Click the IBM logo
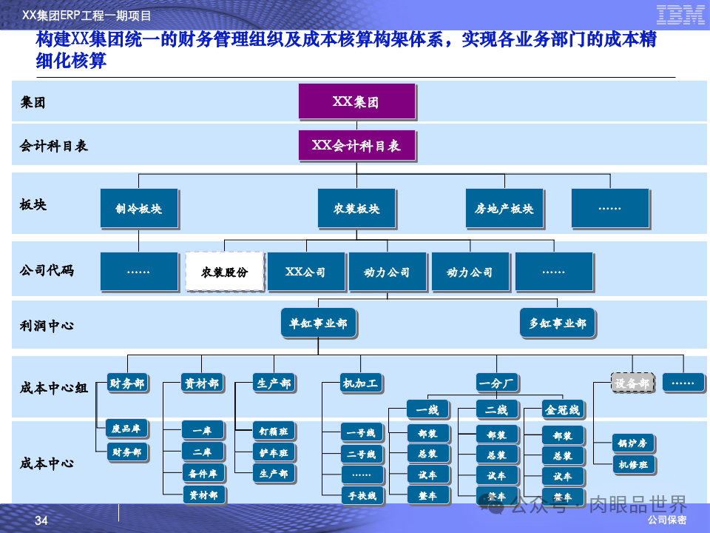680,14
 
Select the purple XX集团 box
356,101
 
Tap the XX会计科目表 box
356,146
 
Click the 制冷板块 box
138,208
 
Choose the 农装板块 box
356,208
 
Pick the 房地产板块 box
504,208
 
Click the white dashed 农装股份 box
224,272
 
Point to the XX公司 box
305,272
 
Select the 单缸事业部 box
318,324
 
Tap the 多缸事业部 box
557,323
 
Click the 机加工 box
360,383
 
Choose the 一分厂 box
497,383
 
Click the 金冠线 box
562,409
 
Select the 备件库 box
202,474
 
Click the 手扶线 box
362,496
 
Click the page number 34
41,522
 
